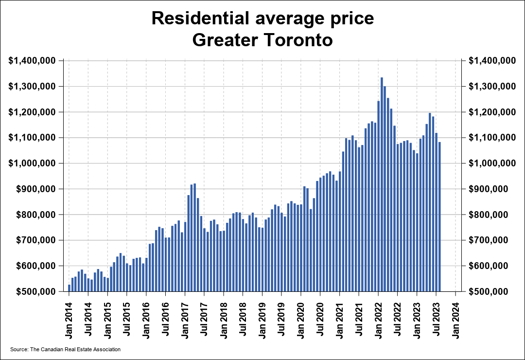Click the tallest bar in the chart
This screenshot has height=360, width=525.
point(382,184)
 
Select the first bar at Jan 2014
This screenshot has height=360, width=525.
point(70,288)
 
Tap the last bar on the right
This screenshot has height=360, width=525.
point(439,216)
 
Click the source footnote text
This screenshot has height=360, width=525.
point(65,349)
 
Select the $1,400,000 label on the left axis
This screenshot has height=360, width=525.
point(33,61)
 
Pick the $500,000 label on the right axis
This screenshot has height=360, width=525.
point(491,292)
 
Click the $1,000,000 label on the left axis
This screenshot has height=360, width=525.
point(33,163)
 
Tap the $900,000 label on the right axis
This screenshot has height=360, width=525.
point(491,189)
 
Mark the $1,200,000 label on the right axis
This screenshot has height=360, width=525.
point(491,112)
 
